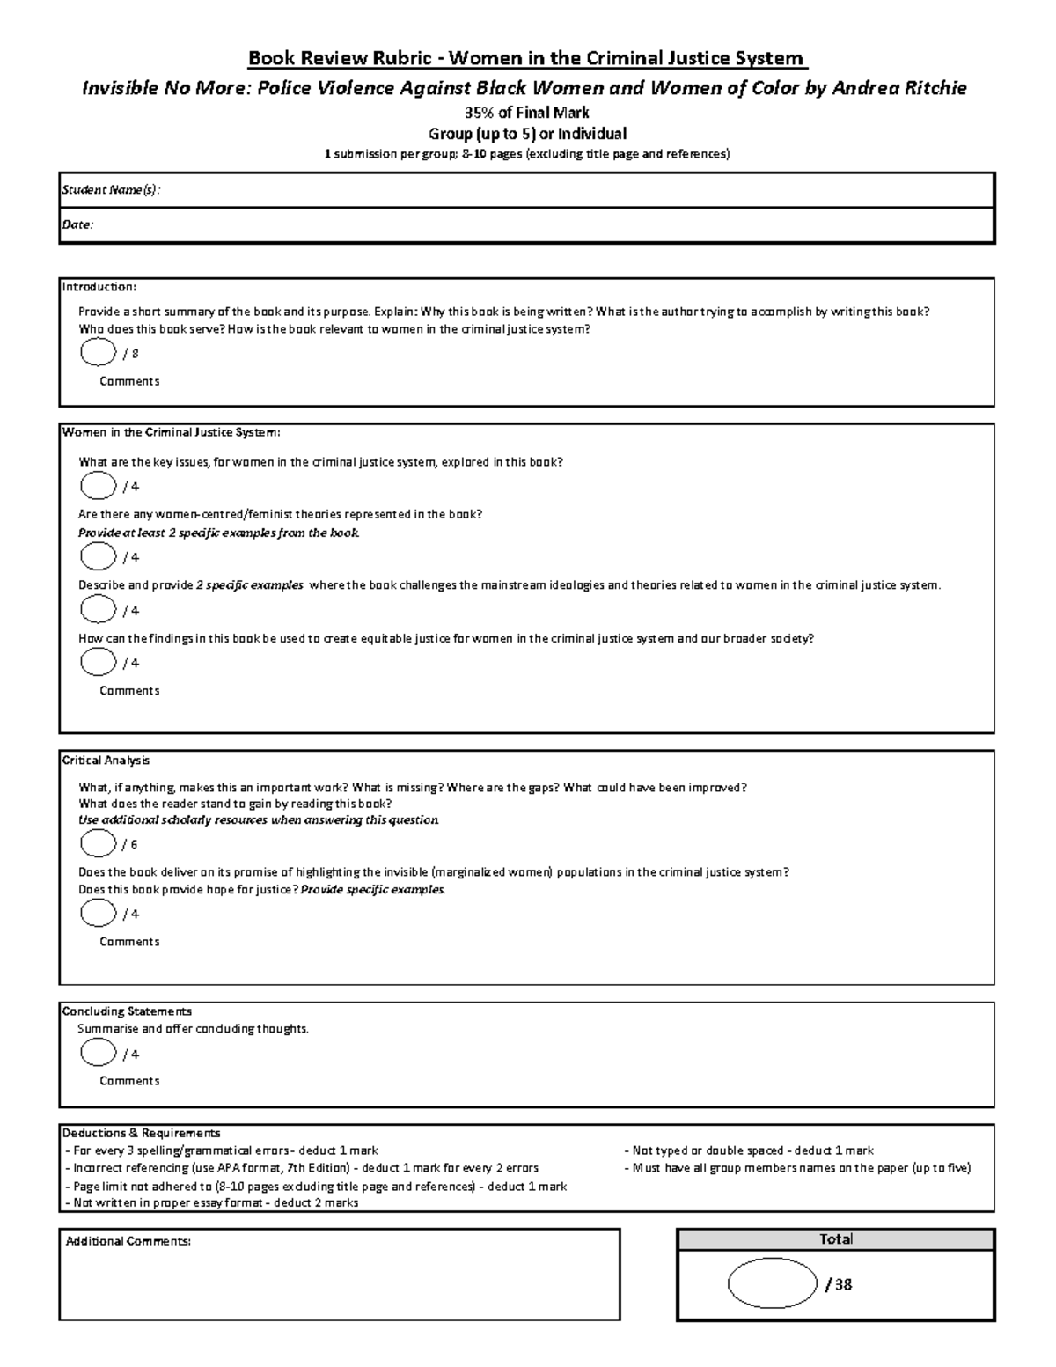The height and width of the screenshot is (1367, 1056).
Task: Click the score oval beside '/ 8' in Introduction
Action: click(x=98, y=353)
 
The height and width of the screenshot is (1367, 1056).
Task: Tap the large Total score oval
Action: click(x=772, y=1283)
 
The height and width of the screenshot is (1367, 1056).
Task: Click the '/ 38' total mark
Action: click(x=839, y=1284)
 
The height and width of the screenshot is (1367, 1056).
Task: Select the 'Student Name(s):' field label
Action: click(x=111, y=190)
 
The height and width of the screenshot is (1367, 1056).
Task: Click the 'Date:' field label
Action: click(x=77, y=224)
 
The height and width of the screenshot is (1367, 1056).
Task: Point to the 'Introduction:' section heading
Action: click(x=99, y=287)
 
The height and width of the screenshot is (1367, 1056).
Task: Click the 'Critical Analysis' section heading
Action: click(x=106, y=761)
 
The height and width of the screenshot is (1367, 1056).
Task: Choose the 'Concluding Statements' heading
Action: click(x=127, y=1011)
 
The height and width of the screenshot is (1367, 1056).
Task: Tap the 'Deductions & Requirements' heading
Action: click(x=141, y=1133)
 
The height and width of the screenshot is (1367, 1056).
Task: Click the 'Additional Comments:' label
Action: click(x=128, y=1241)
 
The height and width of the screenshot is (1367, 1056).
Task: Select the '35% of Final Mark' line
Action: click(x=527, y=113)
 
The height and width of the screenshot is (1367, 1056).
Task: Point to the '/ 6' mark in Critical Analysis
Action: click(x=130, y=844)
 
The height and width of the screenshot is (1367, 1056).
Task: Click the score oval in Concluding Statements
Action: click(x=98, y=1053)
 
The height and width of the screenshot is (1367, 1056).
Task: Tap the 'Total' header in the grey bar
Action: click(x=835, y=1239)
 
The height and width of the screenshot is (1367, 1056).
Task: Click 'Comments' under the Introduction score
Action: click(x=129, y=381)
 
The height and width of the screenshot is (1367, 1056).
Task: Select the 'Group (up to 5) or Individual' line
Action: click(x=527, y=134)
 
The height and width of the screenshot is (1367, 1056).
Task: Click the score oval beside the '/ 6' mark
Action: click(x=98, y=843)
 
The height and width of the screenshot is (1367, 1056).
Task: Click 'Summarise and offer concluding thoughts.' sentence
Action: click(x=194, y=1028)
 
